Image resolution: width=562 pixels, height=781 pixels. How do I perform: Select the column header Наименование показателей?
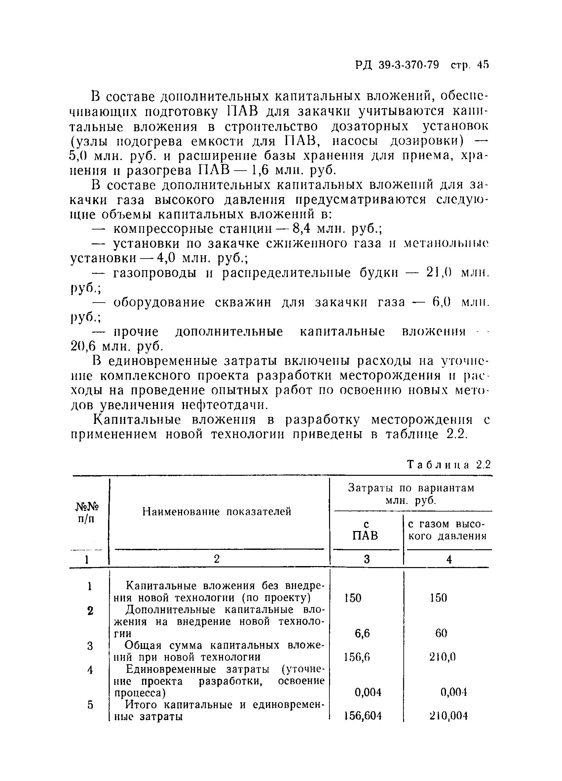coord(217,512)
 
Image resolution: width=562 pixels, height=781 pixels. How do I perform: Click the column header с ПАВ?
coord(366,530)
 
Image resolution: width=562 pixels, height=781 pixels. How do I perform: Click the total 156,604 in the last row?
coord(363,716)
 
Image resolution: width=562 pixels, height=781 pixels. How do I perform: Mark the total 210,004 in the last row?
coord(448,716)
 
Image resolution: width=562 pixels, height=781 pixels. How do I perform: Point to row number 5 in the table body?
coord(90,705)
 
